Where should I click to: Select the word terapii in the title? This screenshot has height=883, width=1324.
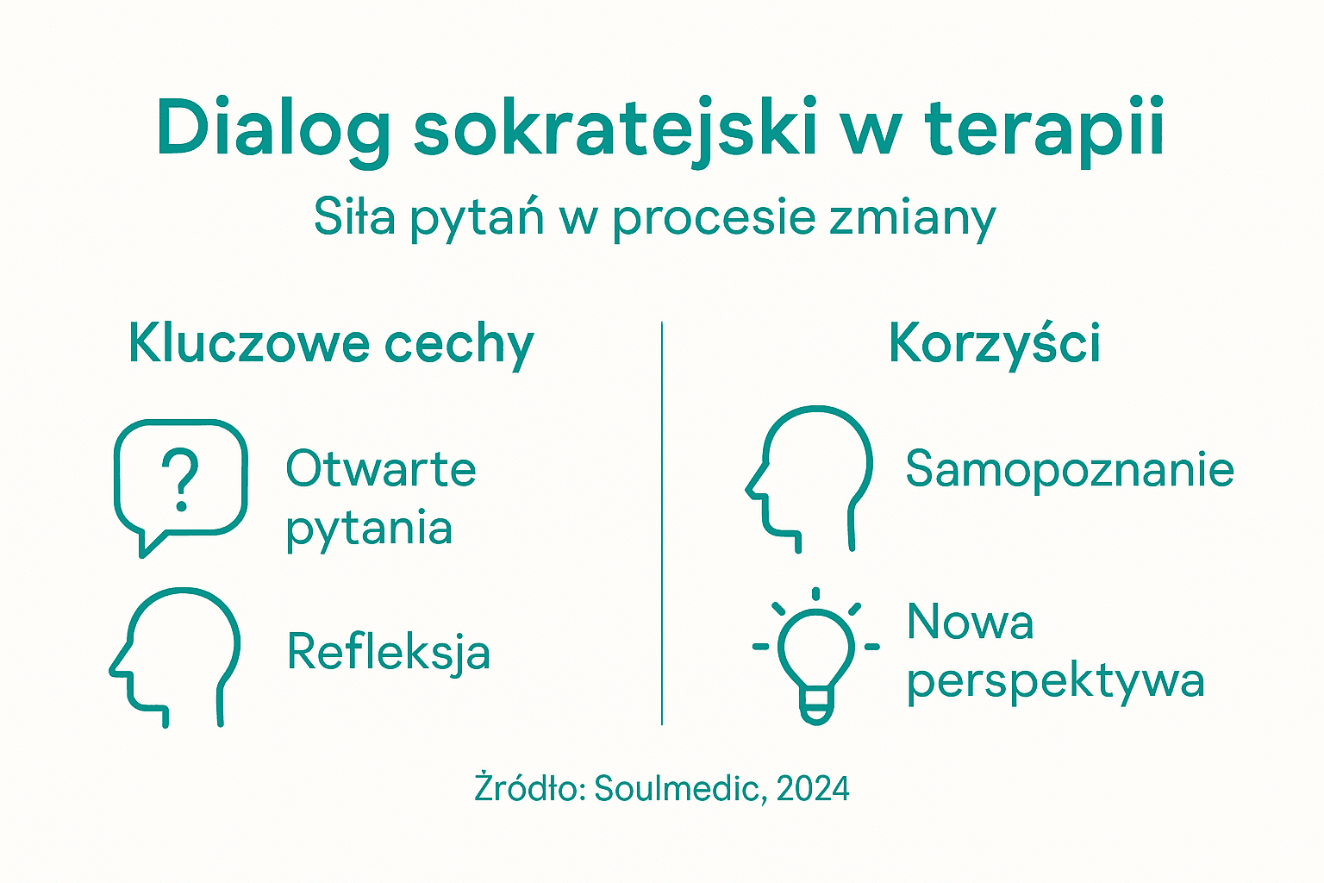[1045, 129]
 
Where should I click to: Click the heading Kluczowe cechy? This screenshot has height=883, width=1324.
[331, 344]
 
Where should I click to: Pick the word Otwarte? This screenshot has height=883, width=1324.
[380, 469]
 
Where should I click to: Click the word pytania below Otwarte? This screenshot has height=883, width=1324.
[369, 528]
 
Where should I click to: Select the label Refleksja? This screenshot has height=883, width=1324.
[388, 652]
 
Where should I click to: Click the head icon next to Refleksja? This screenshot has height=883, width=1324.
[177, 655]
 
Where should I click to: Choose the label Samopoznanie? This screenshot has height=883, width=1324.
[1070, 470]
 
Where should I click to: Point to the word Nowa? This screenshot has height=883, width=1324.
[970, 622]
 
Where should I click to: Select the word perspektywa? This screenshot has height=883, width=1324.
[1055, 681]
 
